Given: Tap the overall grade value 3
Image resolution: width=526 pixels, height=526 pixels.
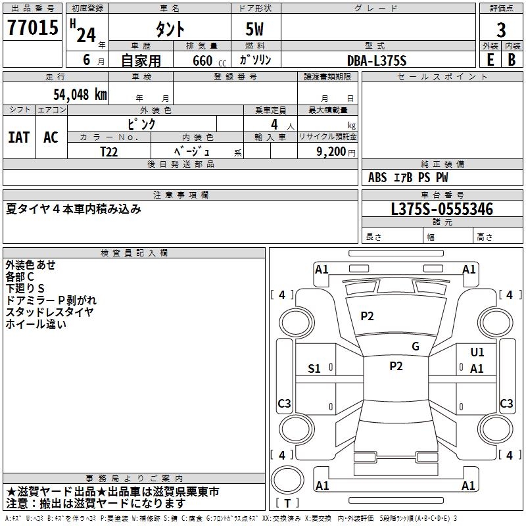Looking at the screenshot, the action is pos(501,30).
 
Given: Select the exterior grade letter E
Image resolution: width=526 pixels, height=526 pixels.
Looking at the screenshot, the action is pos(490,60).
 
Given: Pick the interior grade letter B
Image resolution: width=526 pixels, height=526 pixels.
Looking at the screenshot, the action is pos(512,60).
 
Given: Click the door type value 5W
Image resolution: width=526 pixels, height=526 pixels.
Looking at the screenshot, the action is pos(254,30).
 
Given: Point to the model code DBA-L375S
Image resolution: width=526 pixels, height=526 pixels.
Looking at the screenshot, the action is pos(377,60).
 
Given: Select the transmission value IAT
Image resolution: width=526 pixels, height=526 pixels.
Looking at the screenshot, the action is pos(18,137).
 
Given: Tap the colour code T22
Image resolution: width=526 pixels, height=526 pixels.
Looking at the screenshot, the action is pos(109,151).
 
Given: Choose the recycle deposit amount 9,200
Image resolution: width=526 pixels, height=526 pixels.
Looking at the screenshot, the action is pos(331,151).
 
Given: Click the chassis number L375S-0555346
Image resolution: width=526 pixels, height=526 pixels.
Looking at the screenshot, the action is pos(442,210).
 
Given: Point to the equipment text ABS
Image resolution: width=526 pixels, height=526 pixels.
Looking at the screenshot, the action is pos(377,178).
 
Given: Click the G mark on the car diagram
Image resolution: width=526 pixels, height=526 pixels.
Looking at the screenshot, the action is pos(416,347).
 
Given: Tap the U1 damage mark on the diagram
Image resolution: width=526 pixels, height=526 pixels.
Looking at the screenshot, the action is pos(477,352).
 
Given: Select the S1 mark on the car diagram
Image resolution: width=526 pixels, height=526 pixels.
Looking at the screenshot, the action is pos(314,369).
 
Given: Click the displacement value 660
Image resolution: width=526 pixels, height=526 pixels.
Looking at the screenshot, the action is pos(202,61).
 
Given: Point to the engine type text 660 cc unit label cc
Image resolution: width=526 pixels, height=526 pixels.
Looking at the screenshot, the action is pos(222,63).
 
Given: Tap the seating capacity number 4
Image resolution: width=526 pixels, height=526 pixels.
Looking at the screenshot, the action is pos(274,124).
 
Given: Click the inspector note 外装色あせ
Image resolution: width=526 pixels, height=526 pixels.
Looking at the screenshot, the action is pos(31,265).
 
